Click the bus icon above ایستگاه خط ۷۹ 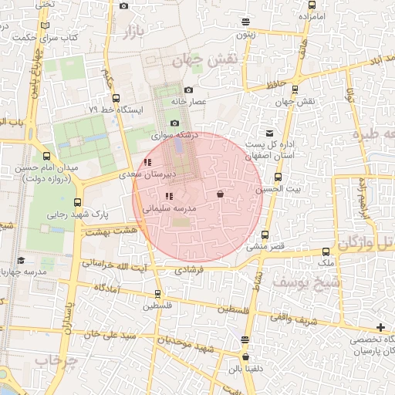pyautogui.click(x=116, y=98)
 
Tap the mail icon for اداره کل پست pyautogui.click(x=268, y=133)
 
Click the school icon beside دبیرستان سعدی pyautogui.click(x=147, y=162)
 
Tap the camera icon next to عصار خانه pyautogui.click(x=188, y=90)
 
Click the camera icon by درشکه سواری pyautogui.click(x=174, y=123)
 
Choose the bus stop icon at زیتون pyautogui.click(x=245, y=22)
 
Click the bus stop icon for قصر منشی pyautogui.click(x=265, y=235)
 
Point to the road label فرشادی pyautogui.click(x=188, y=271)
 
